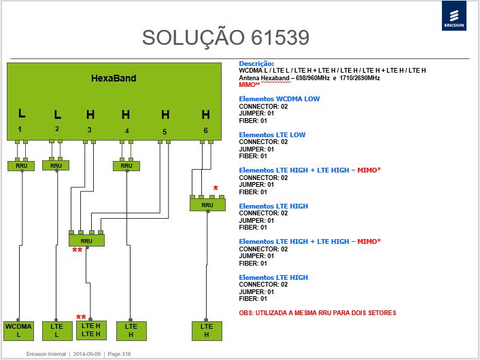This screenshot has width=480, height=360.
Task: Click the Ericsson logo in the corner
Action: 454,16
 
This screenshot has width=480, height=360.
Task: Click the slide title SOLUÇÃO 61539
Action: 226,37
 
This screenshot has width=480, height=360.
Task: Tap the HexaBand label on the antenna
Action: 114,78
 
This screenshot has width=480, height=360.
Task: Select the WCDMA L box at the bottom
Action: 18,331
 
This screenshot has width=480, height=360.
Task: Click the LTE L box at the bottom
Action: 56,331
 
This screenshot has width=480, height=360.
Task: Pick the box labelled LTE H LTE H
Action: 91,330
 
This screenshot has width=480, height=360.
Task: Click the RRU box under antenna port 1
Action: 21,166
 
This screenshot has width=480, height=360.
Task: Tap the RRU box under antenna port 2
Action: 56,166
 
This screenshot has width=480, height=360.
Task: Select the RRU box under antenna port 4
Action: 126,166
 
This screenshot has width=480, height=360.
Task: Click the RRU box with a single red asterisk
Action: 207,204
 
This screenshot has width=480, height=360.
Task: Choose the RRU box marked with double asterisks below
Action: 86,240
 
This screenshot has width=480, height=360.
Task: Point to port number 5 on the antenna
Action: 165,132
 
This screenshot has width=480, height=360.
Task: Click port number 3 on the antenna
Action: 89,130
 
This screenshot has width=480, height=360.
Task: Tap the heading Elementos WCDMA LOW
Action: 279,98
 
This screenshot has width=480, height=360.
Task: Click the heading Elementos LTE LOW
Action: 272,134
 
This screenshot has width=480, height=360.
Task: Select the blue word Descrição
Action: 256,64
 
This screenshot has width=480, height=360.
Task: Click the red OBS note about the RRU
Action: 318,313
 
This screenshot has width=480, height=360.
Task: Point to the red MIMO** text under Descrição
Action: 250,85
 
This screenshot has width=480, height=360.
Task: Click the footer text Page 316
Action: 119,354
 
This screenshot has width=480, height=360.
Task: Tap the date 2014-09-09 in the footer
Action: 86,354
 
